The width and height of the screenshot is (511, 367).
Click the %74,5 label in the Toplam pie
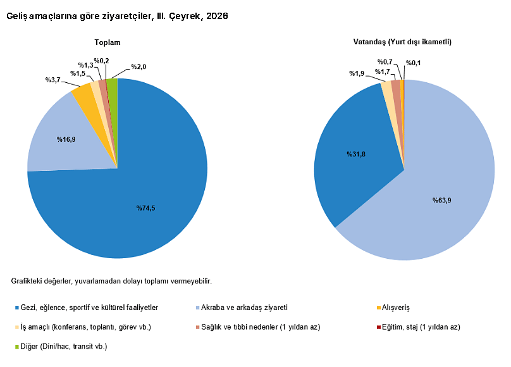[x=145, y=208]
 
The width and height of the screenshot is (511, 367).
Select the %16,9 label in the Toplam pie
[x=66, y=139]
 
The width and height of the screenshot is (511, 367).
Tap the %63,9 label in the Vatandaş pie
[x=442, y=200]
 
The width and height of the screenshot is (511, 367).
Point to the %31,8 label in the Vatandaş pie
[x=356, y=154]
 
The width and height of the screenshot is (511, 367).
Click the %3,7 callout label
[x=52, y=80]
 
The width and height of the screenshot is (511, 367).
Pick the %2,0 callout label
[x=139, y=67]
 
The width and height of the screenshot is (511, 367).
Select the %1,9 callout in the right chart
[x=357, y=73]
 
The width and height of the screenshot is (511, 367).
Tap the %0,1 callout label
[x=413, y=63]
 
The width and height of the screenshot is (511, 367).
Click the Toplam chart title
[x=108, y=42]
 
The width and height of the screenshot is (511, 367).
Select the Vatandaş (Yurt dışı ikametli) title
[x=402, y=42]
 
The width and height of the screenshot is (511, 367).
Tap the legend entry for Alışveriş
[x=393, y=308]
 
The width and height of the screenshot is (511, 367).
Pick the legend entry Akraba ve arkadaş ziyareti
[x=242, y=308]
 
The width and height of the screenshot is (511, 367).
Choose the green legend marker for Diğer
[x=17, y=347]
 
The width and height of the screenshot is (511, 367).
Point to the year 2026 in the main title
[x=217, y=16]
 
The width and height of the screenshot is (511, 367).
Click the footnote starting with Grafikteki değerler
[x=111, y=281]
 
